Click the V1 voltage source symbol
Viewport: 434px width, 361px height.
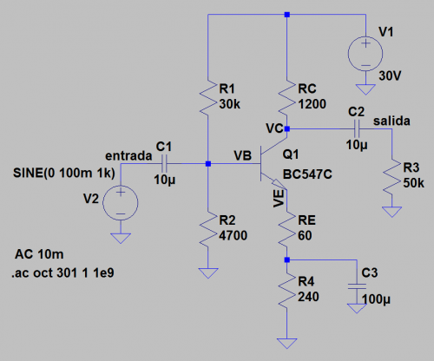point(365,56)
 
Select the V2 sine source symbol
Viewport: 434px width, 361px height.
point(121,205)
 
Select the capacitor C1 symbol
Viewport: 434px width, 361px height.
point(166,162)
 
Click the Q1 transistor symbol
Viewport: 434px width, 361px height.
point(275,164)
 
